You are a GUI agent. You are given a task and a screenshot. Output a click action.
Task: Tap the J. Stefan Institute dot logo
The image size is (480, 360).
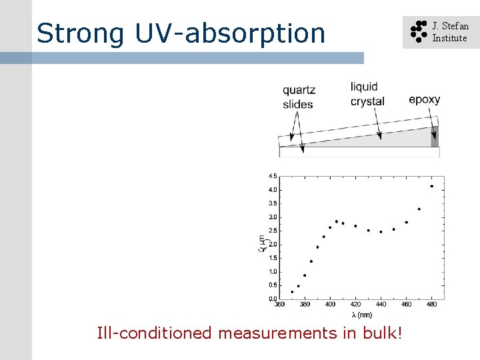tap(417, 31)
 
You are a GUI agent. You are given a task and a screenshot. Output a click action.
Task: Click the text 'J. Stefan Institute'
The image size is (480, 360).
tap(450, 32)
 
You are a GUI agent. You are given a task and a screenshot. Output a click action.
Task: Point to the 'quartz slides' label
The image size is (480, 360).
tap(298, 97)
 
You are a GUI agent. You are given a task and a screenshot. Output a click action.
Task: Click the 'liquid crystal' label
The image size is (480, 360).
tap(367, 94)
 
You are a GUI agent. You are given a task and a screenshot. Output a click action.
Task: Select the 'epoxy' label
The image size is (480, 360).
tap(425, 100)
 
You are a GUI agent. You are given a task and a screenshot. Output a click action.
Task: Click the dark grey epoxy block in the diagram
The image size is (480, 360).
tap(435, 136)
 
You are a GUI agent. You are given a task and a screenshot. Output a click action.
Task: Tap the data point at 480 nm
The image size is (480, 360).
tap(432, 186)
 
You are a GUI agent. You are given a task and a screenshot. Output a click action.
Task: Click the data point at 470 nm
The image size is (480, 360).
tap(419, 209)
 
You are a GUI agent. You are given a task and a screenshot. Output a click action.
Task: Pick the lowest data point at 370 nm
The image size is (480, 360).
tap(292, 291)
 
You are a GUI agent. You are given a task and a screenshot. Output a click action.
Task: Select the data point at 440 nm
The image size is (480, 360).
tap(381, 232)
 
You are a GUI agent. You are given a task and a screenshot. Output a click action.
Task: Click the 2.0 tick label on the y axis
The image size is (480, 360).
tap(273, 245)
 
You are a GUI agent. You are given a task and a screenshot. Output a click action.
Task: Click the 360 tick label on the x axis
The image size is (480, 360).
tap(279, 305)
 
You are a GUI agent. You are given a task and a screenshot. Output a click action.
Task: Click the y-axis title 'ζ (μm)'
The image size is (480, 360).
tap(262, 238)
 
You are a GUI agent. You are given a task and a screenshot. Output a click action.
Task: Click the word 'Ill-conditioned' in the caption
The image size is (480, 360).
tap(155, 333)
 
